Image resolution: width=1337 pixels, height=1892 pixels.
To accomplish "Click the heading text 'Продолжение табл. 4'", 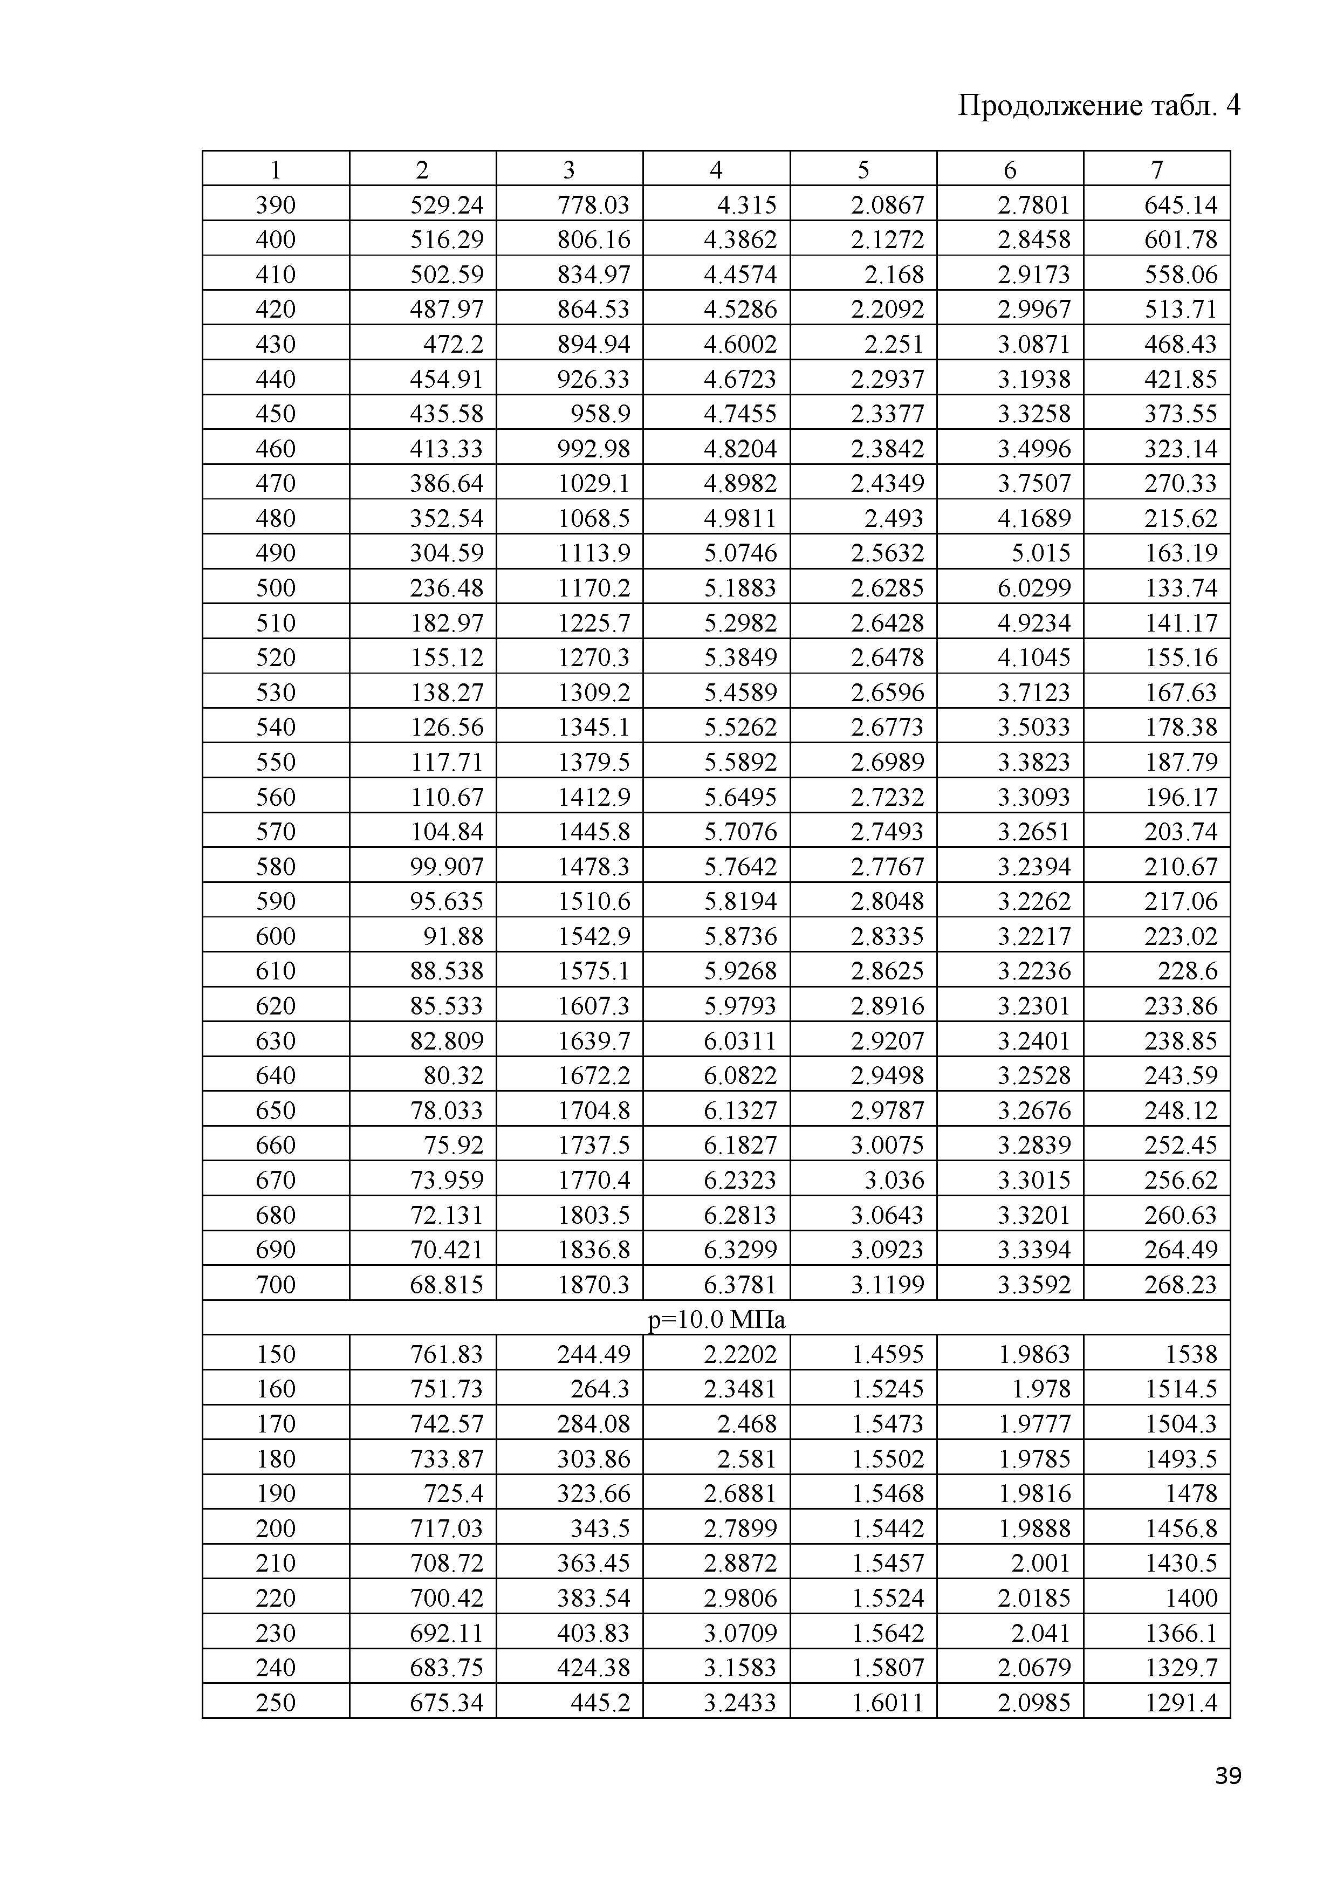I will coord(1099,106).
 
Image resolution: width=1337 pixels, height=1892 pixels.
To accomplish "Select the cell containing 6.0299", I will coord(1034,587).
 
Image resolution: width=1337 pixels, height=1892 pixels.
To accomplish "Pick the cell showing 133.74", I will coord(1181,587).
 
